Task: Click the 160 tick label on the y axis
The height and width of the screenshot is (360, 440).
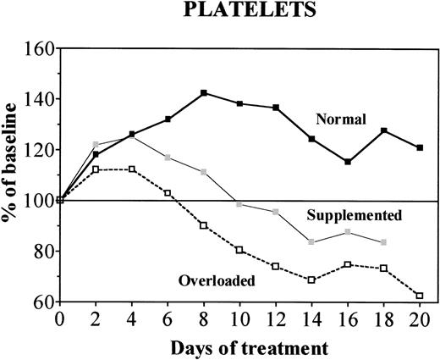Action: pos(40,49)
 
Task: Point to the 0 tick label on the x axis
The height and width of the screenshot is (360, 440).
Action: pos(58,319)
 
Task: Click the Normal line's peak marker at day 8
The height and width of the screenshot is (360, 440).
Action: pos(204,93)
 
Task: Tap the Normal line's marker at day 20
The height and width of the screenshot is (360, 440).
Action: pos(421,148)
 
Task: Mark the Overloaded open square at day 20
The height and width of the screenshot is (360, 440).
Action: pos(421,296)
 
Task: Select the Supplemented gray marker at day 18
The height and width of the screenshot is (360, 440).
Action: pos(384,242)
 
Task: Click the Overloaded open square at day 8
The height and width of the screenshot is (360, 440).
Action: pos(204,225)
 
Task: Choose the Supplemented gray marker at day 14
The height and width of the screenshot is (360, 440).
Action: pos(312,242)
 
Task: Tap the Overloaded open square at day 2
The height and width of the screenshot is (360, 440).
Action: pos(96,169)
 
